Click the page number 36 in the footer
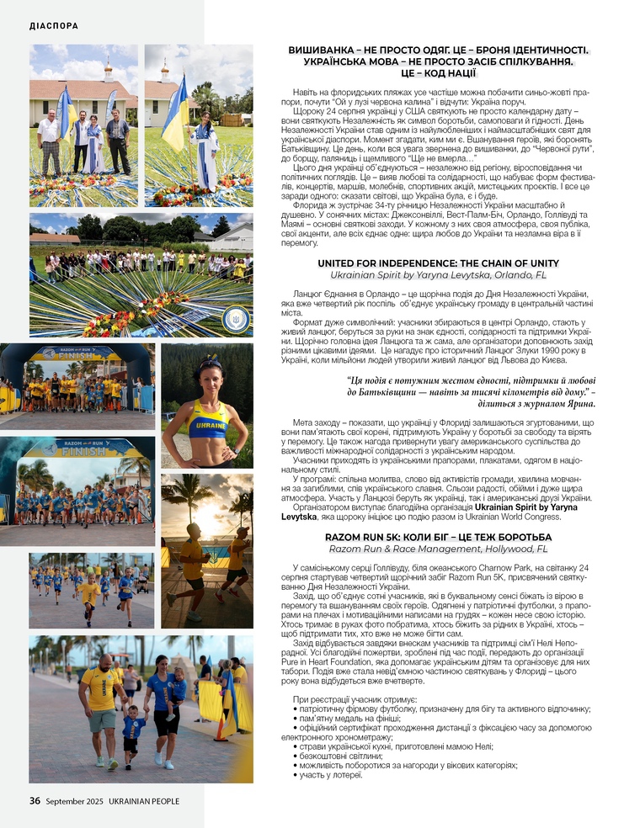[x=35, y=801]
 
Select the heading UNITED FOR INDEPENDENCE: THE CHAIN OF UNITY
[x=438, y=263]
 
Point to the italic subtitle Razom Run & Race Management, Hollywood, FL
[x=438, y=548]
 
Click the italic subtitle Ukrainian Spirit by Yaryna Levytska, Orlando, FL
[x=438, y=275]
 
